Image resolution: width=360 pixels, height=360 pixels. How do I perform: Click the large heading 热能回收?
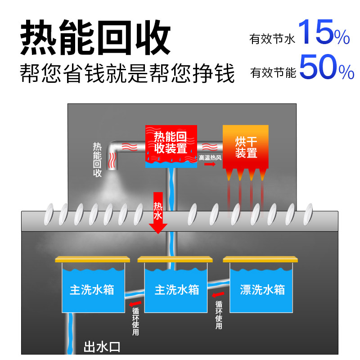(95, 37)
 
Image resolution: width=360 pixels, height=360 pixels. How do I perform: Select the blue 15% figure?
(324, 32)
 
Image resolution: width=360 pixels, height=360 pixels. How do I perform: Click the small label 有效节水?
(272, 40)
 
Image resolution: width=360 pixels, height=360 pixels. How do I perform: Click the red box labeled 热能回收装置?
(171, 145)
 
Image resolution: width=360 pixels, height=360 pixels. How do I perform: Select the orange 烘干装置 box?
(246, 146)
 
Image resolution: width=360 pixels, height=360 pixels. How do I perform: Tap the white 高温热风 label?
(211, 158)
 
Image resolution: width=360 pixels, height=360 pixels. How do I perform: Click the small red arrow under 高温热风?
(210, 165)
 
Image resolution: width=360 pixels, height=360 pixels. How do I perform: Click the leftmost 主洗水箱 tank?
(92, 288)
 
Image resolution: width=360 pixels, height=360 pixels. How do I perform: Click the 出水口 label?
(102, 347)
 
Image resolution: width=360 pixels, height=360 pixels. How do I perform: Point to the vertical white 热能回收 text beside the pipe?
(97, 160)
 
